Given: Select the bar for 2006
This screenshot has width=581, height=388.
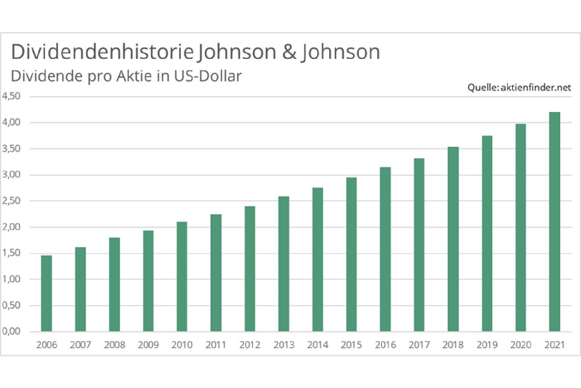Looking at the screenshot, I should (x=46, y=293).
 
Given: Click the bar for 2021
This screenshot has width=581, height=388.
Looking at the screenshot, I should (x=555, y=222).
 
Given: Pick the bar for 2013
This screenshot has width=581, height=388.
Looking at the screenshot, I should (x=284, y=264).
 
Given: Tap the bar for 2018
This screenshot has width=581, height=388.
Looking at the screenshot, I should (x=453, y=239).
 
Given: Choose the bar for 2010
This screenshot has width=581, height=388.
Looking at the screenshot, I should (x=182, y=277).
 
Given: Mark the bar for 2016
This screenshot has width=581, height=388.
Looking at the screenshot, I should (x=385, y=249).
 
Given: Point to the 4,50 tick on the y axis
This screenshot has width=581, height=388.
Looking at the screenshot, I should (x=11, y=96).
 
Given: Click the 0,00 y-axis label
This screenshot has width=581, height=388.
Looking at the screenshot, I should (x=11, y=331).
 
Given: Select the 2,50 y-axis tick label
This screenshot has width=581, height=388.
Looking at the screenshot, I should (x=11, y=201).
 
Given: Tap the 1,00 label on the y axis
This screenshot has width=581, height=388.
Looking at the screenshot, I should (x=11, y=279).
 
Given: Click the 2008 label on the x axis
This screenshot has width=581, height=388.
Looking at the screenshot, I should (x=114, y=345).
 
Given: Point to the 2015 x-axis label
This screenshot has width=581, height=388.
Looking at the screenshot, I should (x=351, y=345).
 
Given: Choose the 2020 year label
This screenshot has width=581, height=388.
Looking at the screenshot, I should (x=521, y=345).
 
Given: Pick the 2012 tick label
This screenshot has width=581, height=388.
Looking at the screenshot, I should (x=250, y=345).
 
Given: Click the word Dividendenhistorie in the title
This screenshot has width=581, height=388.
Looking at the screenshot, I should (x=102, y=52).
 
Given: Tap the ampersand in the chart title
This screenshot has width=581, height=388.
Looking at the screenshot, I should (x=289, y=52).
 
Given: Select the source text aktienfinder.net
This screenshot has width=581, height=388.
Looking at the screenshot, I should (x=536, y=88).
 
